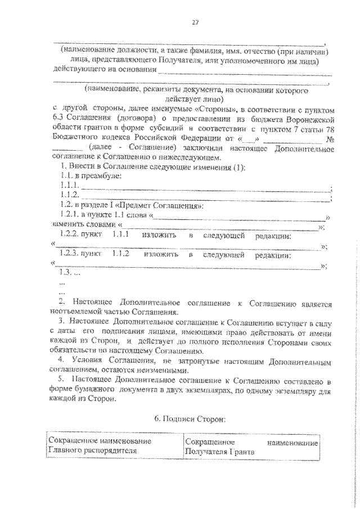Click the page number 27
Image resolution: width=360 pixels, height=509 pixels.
pyautogui.click(x=195, y=22)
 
